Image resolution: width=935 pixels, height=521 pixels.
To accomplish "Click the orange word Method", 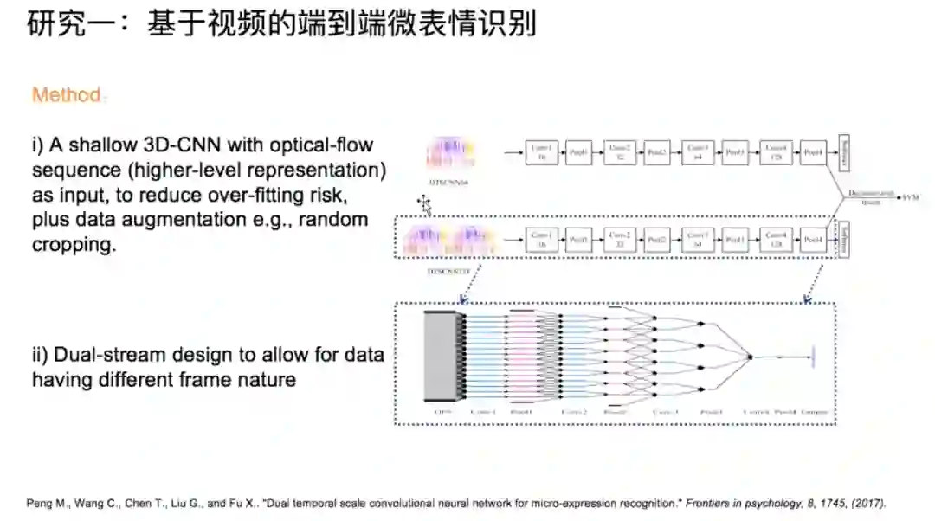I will [67, 94].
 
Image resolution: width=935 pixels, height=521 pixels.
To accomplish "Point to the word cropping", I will [74, 244].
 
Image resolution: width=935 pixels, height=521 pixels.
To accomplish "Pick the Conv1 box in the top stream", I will [542, 152].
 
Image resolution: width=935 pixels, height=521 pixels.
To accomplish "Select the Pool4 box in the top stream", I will [813, 152].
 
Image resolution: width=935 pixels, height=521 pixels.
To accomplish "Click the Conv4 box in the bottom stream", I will [776, 240].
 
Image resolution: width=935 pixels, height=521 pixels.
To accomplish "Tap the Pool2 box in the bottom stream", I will [656, 240].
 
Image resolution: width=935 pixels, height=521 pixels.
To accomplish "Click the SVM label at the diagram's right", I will [911, 197].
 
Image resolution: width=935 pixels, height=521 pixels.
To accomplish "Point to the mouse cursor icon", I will [424, 204].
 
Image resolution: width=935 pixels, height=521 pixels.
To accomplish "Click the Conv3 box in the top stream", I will [697, 152].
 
